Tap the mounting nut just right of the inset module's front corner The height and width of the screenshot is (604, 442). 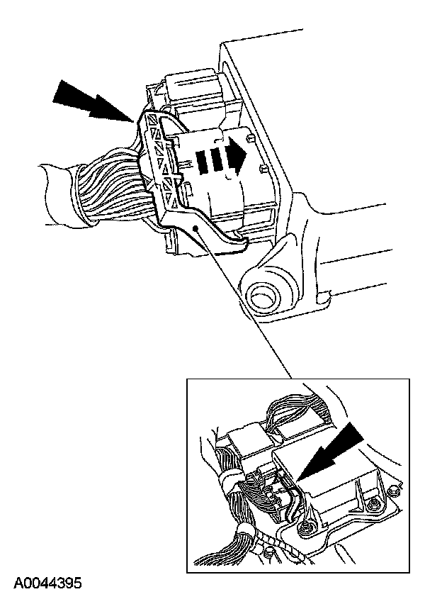point(371,504)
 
